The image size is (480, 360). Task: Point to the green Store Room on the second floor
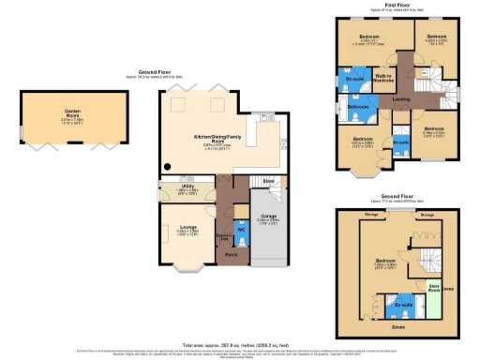tap(434, 286)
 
